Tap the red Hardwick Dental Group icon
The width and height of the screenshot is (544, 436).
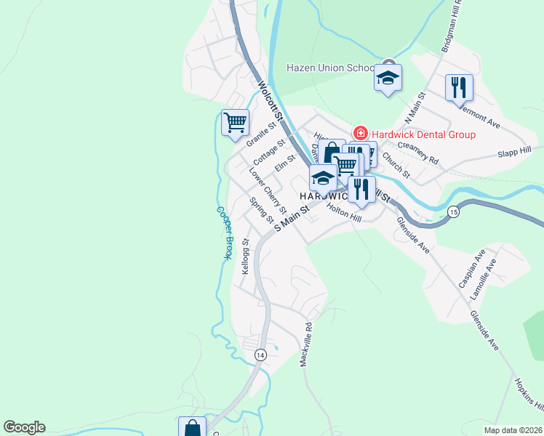(359, 134)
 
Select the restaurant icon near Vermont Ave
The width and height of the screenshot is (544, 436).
(459, 88)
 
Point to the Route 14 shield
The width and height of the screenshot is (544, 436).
(260, 354)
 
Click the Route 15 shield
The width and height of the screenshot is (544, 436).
(453, 211)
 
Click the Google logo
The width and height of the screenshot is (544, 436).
(24, 427)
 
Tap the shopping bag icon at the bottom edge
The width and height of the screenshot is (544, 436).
(192, 427)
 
